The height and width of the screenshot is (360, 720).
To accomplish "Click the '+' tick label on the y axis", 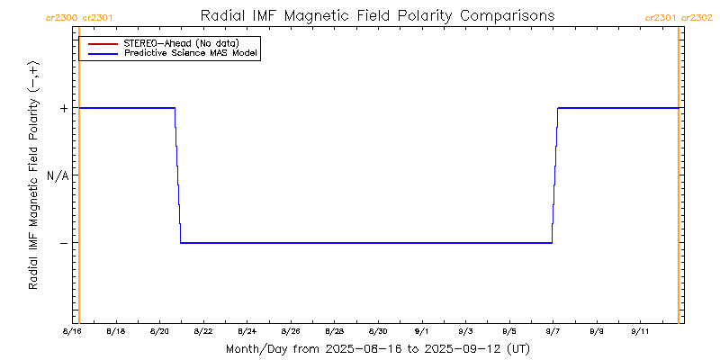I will click(x=64, y=108).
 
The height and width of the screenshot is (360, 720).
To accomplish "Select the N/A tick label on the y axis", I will click(x=58, y=175).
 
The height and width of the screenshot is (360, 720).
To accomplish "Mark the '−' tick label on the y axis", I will click(x=64, y=243).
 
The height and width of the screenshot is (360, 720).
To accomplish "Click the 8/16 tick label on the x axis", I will click(x=72, y=332).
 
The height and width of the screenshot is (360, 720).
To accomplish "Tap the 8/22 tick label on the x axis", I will click(x=203, y=332).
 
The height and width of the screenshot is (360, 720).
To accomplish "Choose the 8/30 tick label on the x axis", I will click(x=379, y=332).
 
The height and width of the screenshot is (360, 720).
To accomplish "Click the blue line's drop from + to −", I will click(x=178, y=175).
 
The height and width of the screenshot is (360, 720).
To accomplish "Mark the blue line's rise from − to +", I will click(x=554, y=175).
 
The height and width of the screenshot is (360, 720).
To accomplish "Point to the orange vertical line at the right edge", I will click(x=678, y=180).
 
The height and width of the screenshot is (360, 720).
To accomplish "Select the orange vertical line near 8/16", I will click(x=79, y=180).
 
